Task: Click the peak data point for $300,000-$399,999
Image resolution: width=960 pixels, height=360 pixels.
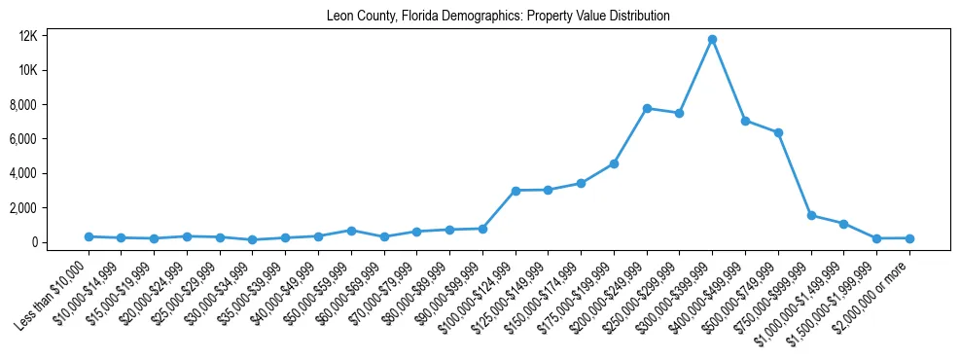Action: point(712,39)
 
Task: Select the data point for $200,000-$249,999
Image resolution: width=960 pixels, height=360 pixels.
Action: point(647,108)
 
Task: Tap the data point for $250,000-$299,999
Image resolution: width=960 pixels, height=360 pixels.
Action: point(680,113)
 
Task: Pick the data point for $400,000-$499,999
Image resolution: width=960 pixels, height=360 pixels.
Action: point(745,121)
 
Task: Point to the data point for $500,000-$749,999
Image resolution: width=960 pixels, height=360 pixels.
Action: point(778,132)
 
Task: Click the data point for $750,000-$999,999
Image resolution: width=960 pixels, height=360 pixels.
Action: point(811,215)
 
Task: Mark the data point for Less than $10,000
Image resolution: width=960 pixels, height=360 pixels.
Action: point(89,236)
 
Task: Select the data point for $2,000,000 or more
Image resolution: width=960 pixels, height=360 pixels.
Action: point(909,238)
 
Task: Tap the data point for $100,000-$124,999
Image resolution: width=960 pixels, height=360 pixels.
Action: point(516,191)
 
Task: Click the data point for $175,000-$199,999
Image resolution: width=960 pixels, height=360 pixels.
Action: point(614,163)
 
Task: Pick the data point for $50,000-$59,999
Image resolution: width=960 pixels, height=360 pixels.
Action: point(351,231)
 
